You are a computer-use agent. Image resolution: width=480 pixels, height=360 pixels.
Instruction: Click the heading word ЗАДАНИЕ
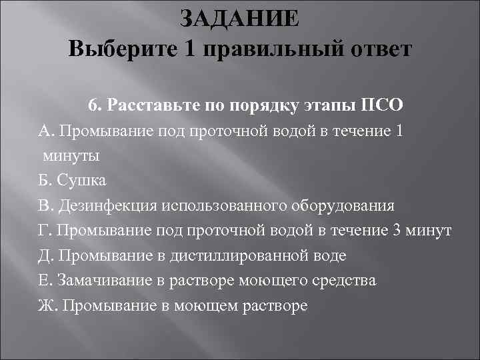240,18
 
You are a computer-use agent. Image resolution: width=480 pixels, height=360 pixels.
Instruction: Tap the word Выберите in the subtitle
111,50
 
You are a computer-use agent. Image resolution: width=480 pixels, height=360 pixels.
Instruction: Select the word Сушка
81,180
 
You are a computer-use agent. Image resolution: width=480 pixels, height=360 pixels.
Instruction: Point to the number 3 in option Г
397,230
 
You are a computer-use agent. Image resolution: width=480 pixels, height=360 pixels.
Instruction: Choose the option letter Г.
43,230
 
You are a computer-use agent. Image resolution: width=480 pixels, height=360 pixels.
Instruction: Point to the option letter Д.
44,255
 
